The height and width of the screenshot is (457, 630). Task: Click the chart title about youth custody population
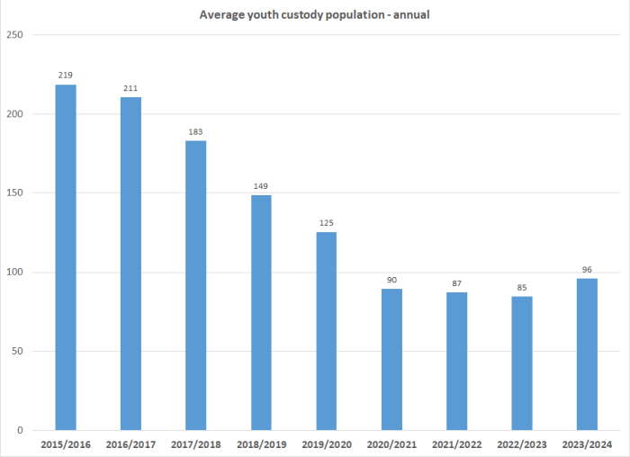click(315, 14)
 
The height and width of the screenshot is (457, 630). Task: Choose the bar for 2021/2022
click(456, 361)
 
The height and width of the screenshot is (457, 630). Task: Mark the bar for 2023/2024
click(587, 354)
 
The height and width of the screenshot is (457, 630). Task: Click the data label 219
click(66, 76)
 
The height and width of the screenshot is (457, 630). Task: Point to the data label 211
click(130, 88)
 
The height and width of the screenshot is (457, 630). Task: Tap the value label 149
click(261, 186)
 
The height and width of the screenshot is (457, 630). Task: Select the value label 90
click(391, 280)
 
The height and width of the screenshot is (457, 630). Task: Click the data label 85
click(522, 288)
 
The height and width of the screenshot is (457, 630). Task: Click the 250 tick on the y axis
click(16, 35)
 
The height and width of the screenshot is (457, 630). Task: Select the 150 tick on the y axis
click(16, 193)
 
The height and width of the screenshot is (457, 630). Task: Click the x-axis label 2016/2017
click(130, 444)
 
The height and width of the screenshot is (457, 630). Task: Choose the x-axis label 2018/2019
click(261, 444)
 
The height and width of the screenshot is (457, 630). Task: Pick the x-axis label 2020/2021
click(391, 444)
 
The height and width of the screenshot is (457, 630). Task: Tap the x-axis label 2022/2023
click(522, 444)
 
